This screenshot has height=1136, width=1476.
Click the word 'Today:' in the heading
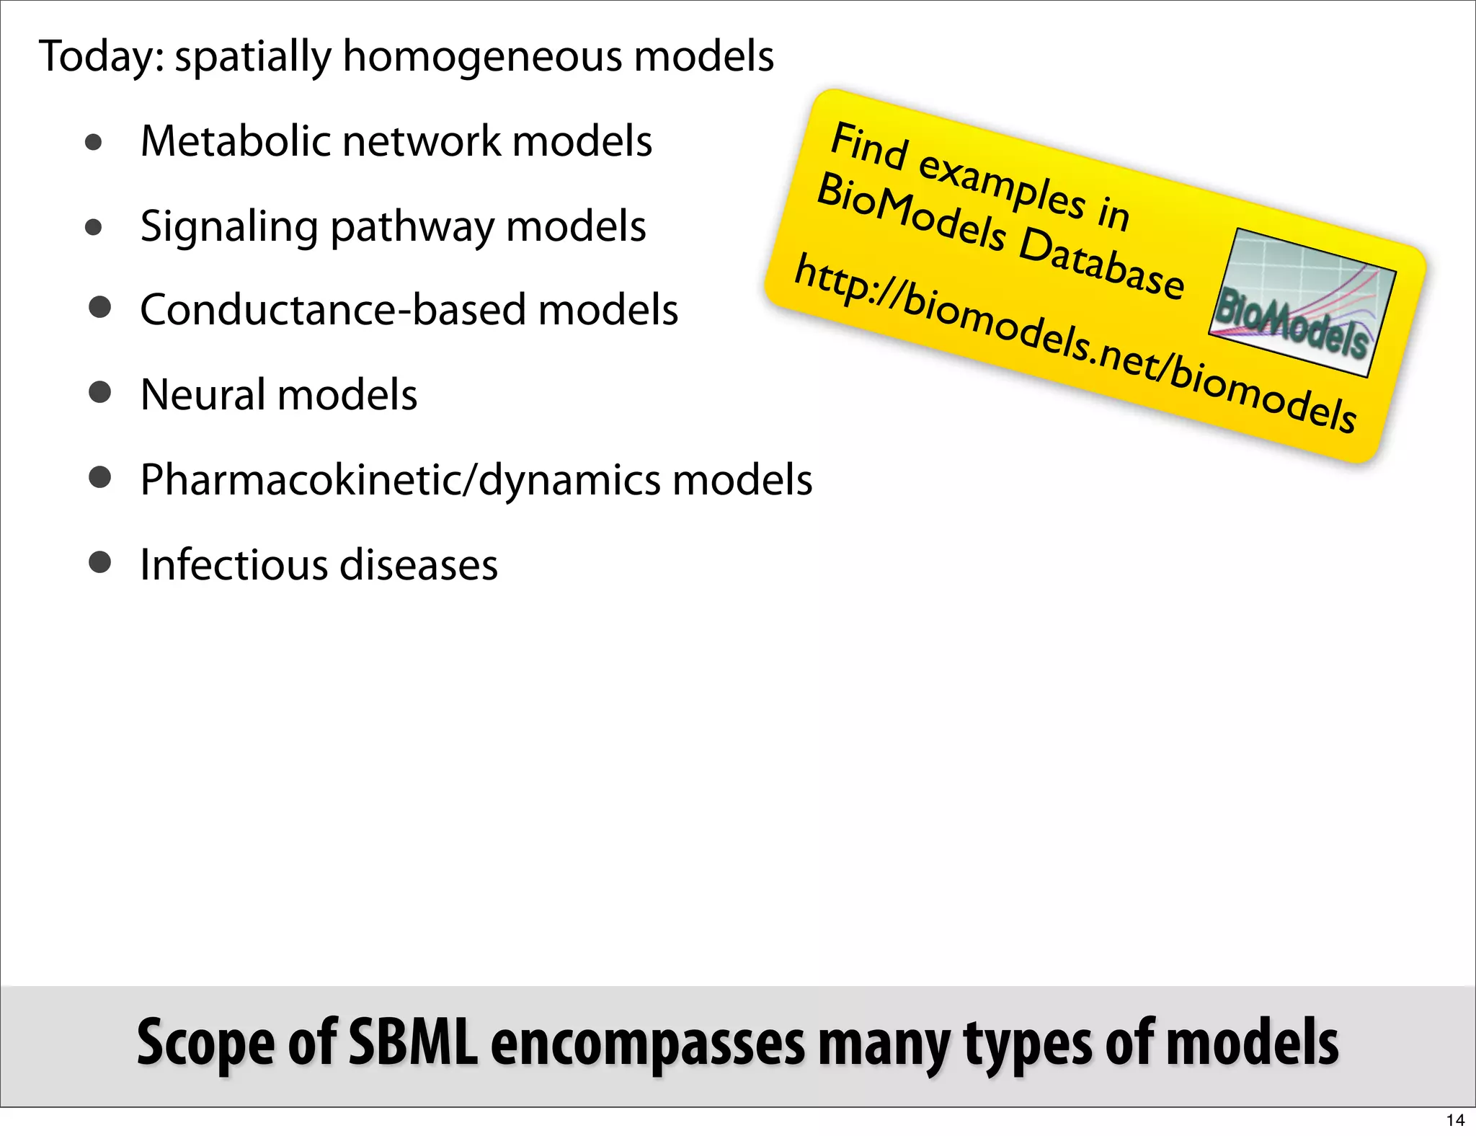101,58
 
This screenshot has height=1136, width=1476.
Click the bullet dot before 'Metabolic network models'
93,142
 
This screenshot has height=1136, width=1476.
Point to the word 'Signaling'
228,228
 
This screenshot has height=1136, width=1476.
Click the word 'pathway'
412,228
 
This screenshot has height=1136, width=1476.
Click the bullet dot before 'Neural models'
99,393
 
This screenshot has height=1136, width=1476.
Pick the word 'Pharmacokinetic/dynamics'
400,481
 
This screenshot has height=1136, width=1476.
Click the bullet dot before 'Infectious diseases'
99,562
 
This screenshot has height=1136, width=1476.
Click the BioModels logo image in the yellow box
1302,303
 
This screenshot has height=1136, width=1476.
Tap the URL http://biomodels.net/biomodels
1074,343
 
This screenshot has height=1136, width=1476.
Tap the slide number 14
1455,1120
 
